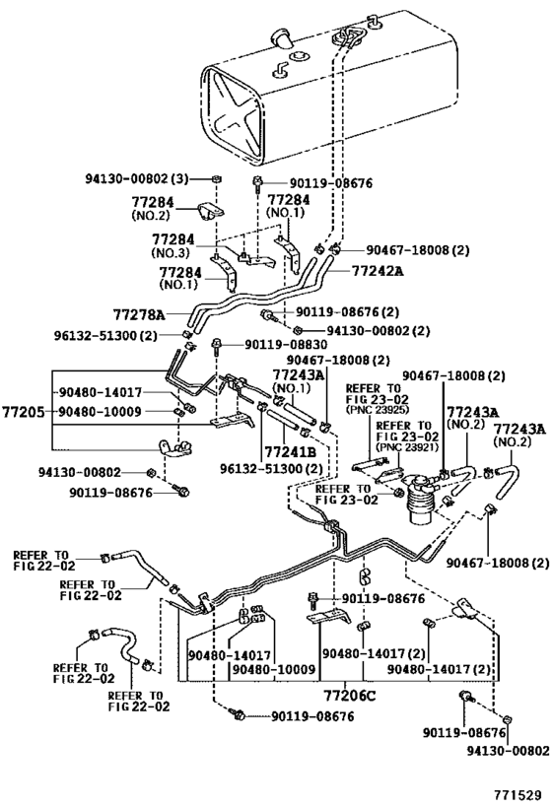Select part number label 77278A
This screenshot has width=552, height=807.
(140, 314)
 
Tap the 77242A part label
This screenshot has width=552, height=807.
(378, 270)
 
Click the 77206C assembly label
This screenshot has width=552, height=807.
(350, 697)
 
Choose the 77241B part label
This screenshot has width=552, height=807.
(290, 452)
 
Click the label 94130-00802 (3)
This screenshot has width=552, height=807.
(137, 178)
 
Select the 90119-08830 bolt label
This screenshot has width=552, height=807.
(286, 345)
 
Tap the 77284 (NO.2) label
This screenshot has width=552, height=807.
(153, 208)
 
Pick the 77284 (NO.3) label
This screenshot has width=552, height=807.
(173, 245)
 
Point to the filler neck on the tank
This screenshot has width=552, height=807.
(283, 37)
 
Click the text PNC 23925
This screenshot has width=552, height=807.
(378, 410)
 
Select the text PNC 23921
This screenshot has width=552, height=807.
(408, 447)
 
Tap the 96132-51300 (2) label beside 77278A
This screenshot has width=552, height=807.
(105, 336)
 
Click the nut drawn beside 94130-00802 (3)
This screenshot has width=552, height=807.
(216, 178)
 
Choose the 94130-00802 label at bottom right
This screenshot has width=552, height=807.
(508, 751)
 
